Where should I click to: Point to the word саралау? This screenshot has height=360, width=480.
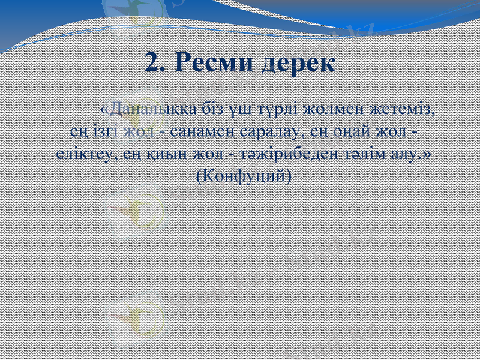(274, 131)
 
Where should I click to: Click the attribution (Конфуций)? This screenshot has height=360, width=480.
(244, 175)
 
